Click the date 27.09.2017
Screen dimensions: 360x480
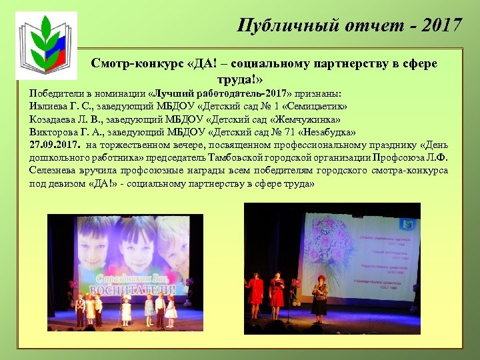pos(55,145)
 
